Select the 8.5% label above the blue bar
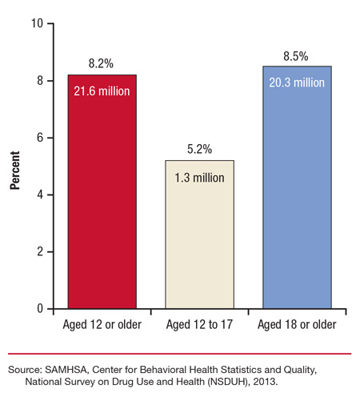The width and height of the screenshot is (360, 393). click(x=297, y=56)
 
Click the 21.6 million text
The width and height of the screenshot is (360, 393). click(x=102, y=90)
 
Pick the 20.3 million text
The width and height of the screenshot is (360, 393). click(x=297, y=82)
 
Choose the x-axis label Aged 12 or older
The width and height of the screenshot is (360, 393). click(x=102, y=325)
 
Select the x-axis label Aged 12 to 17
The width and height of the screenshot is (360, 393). click(x=199, y=325)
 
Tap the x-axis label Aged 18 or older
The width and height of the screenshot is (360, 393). click(x=297, y=325)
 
